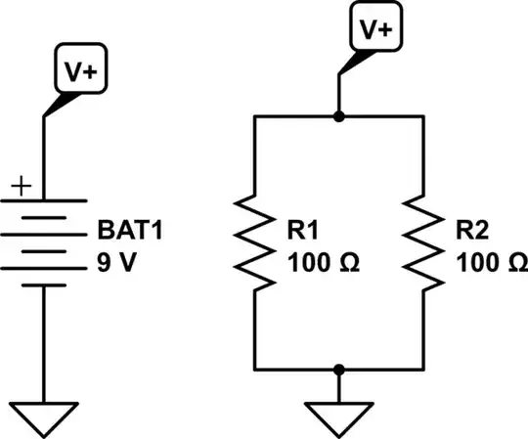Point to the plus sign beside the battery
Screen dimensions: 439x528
pyautogui.click(x=19, y=184)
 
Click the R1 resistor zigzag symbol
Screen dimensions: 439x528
pyautogui.click(x=254, y=242)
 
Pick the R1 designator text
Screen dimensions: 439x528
pyautogui.click(x=300, y=233)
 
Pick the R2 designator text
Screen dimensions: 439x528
pyautogui.click(x=473, y=233)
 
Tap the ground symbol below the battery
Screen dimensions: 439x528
pyautogui.click(x=44, y=417)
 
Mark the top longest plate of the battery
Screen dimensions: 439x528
pyautogui.click(x=44, y=198)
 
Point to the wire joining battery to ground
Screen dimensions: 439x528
pyautogui.click(x=44, y=342)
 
